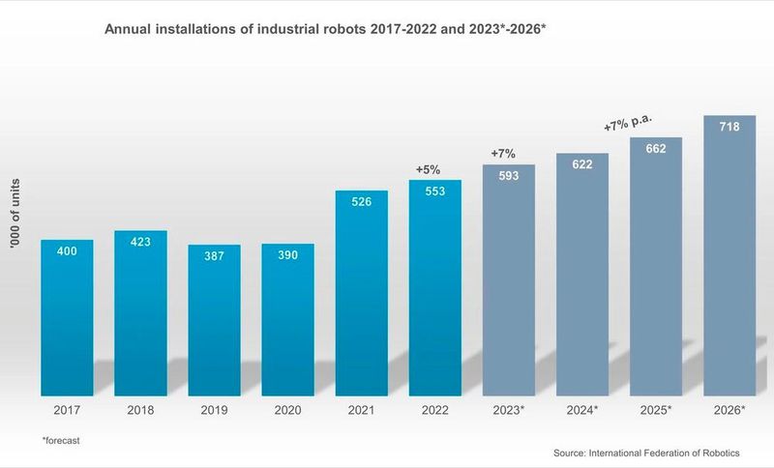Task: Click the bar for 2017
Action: pyautogui.click(x=67, y=319)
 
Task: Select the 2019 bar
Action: pyautogui.click(x=214, y=324)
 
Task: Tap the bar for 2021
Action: pyautogui.click(x=362, y=295)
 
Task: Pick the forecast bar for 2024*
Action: pyautogui.click(x=582, y=276)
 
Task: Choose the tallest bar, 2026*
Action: pyautogui.click(x=729, y=256)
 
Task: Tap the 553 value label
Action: pyautogui.click(x=435, y=193)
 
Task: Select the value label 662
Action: pyautogui.click(x=656, y=151)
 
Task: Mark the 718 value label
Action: pyautogui.click(x=729, y=126)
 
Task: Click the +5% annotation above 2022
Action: pyautogui.click(x=428, y=169)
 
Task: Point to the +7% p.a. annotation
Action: pyautogui.click(x=628, y=124)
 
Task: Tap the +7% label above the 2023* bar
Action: pyautogui.click(x=503, y=153)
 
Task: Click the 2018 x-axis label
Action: pyautogui.click(x=140, y=410)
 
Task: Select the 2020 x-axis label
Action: pyautogui.click(x=287, y=410)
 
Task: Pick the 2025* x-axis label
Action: pyautogui.click(x=656, y=410)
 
